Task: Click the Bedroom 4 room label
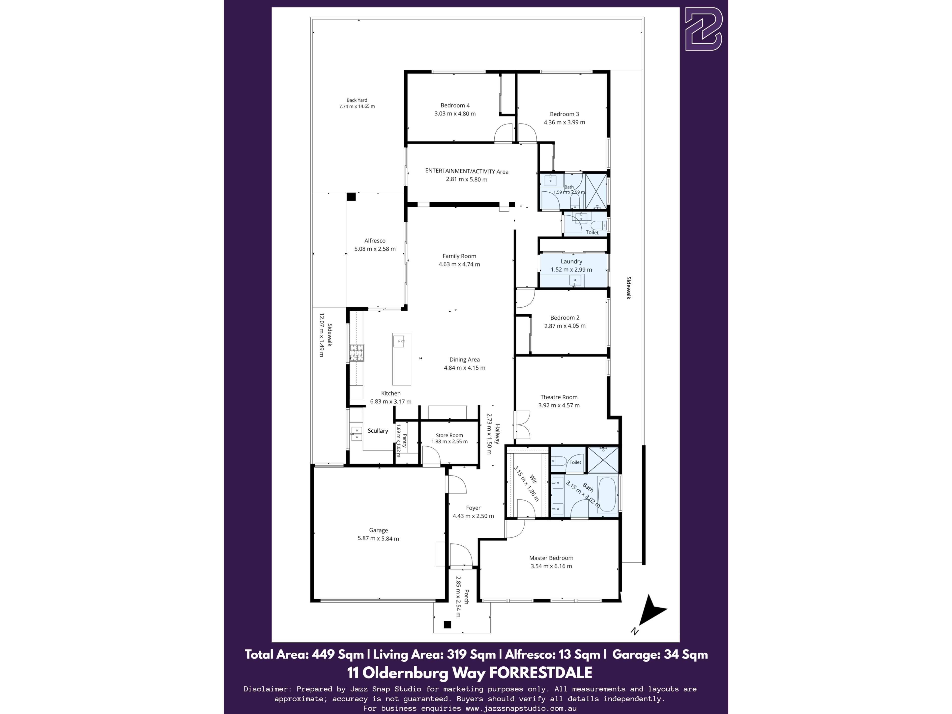pos(455,105)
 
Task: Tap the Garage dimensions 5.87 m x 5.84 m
pos(378,538)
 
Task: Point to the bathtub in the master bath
pos(607,494)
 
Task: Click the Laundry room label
pos(571,262)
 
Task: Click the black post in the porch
pos(447,625)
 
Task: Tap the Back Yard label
pos(357,100)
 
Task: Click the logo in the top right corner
pos(704,29)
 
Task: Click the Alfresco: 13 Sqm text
pos(553,654)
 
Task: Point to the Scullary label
pos(378,431)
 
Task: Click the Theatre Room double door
pos(522,424)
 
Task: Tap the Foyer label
pos(474,508)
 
